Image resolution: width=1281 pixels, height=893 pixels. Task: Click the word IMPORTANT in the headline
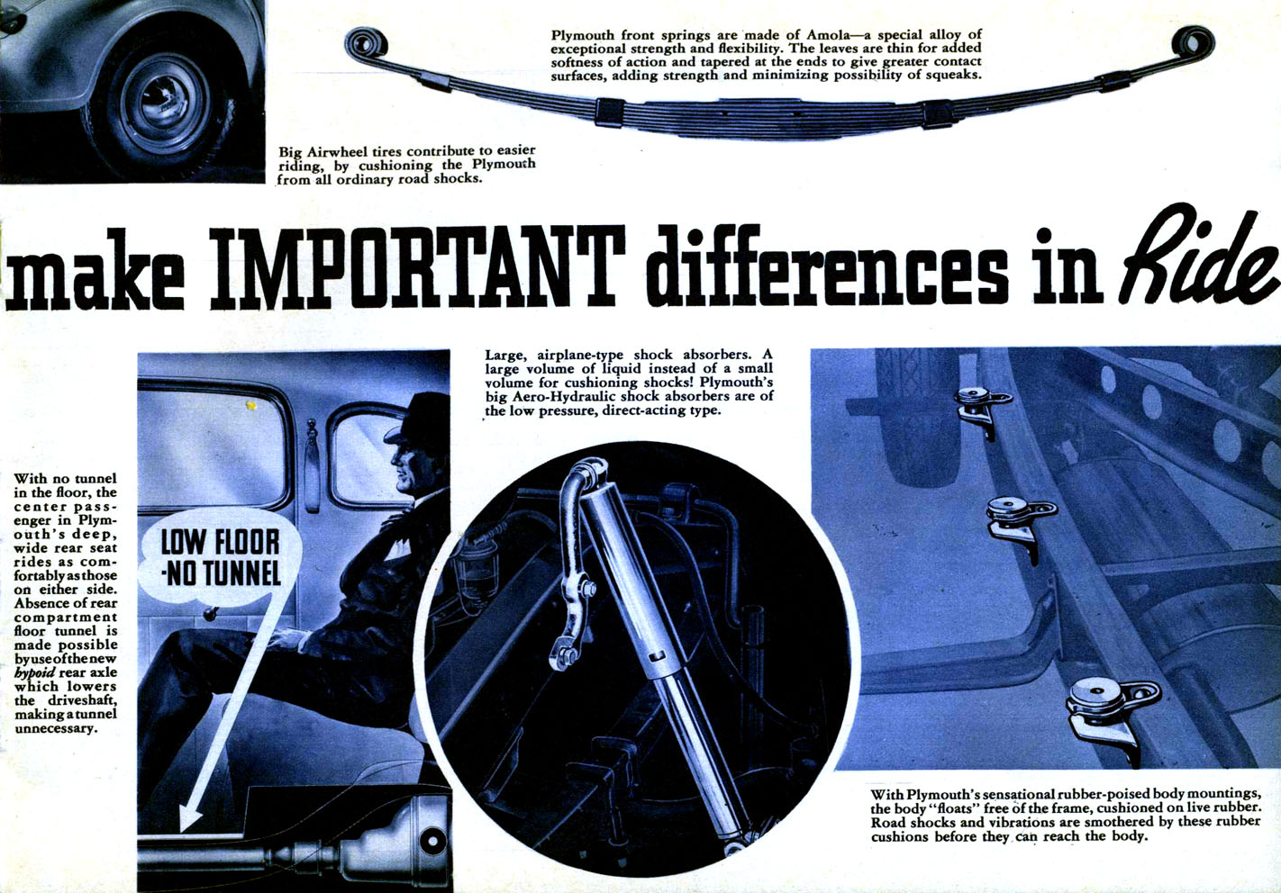click(416, 267)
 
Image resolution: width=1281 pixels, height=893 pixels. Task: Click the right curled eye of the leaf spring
click(1193, 41)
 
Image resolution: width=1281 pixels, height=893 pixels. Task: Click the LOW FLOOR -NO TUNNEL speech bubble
click(220, 557)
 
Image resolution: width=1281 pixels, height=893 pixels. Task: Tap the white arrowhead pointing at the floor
click(190, 817)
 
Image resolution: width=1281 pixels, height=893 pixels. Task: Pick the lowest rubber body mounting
click(1110, 714)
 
